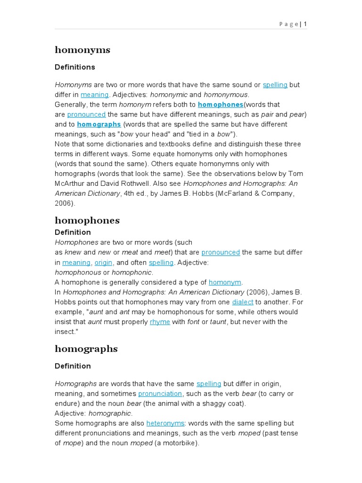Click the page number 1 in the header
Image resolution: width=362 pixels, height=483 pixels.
pyautogui.click(x=305, y=24)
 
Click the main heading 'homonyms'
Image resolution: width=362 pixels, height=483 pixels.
pyautogui.click(x=82, y=50)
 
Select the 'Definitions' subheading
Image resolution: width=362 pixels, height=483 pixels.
pyautogui.click(x=75, y=67)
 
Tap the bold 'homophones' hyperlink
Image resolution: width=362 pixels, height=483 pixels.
pyautogui.click(x=220, y=105)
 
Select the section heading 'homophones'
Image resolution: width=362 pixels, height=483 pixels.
pyautogui.click(x=87, y=220)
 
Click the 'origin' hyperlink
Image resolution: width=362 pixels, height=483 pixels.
pyautogui.click(x=103, y=263)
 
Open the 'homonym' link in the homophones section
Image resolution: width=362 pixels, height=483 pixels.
pyautogui.click(x=225, y=283)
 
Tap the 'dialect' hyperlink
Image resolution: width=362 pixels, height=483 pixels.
pyautogui.click(x=242, y=302)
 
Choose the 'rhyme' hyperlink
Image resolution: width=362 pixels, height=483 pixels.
pyautogui.click(x=160, y=322)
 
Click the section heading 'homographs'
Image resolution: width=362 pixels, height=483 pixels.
pyautogui.click(x=86, y=349)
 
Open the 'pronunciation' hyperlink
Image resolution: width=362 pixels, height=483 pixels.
pyautogui.click(x=160, y=394)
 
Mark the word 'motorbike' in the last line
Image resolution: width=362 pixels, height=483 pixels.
pyautogui.click(x=181, y=443)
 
